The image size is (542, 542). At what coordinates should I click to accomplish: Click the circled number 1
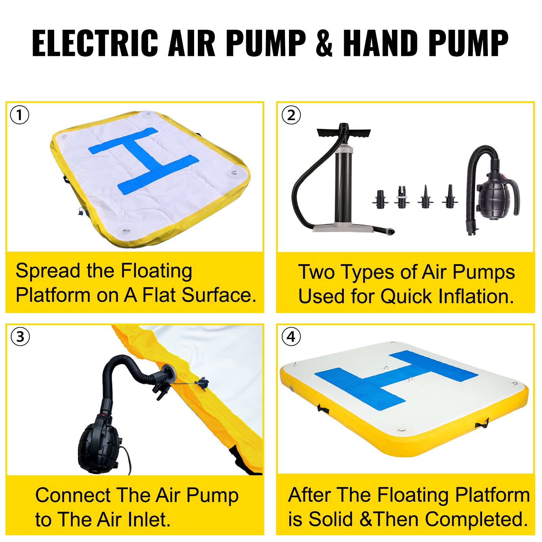20,115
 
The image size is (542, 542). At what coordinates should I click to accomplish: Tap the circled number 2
291,115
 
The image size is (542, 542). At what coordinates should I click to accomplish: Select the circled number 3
20,337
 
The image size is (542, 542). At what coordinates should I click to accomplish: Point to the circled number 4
291,337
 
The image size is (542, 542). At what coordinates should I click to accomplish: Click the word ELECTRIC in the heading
95,43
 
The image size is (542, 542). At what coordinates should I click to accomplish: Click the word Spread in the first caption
47,272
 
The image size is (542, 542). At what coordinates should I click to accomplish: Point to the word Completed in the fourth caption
476,519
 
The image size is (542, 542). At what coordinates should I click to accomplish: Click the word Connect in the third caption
73,495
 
